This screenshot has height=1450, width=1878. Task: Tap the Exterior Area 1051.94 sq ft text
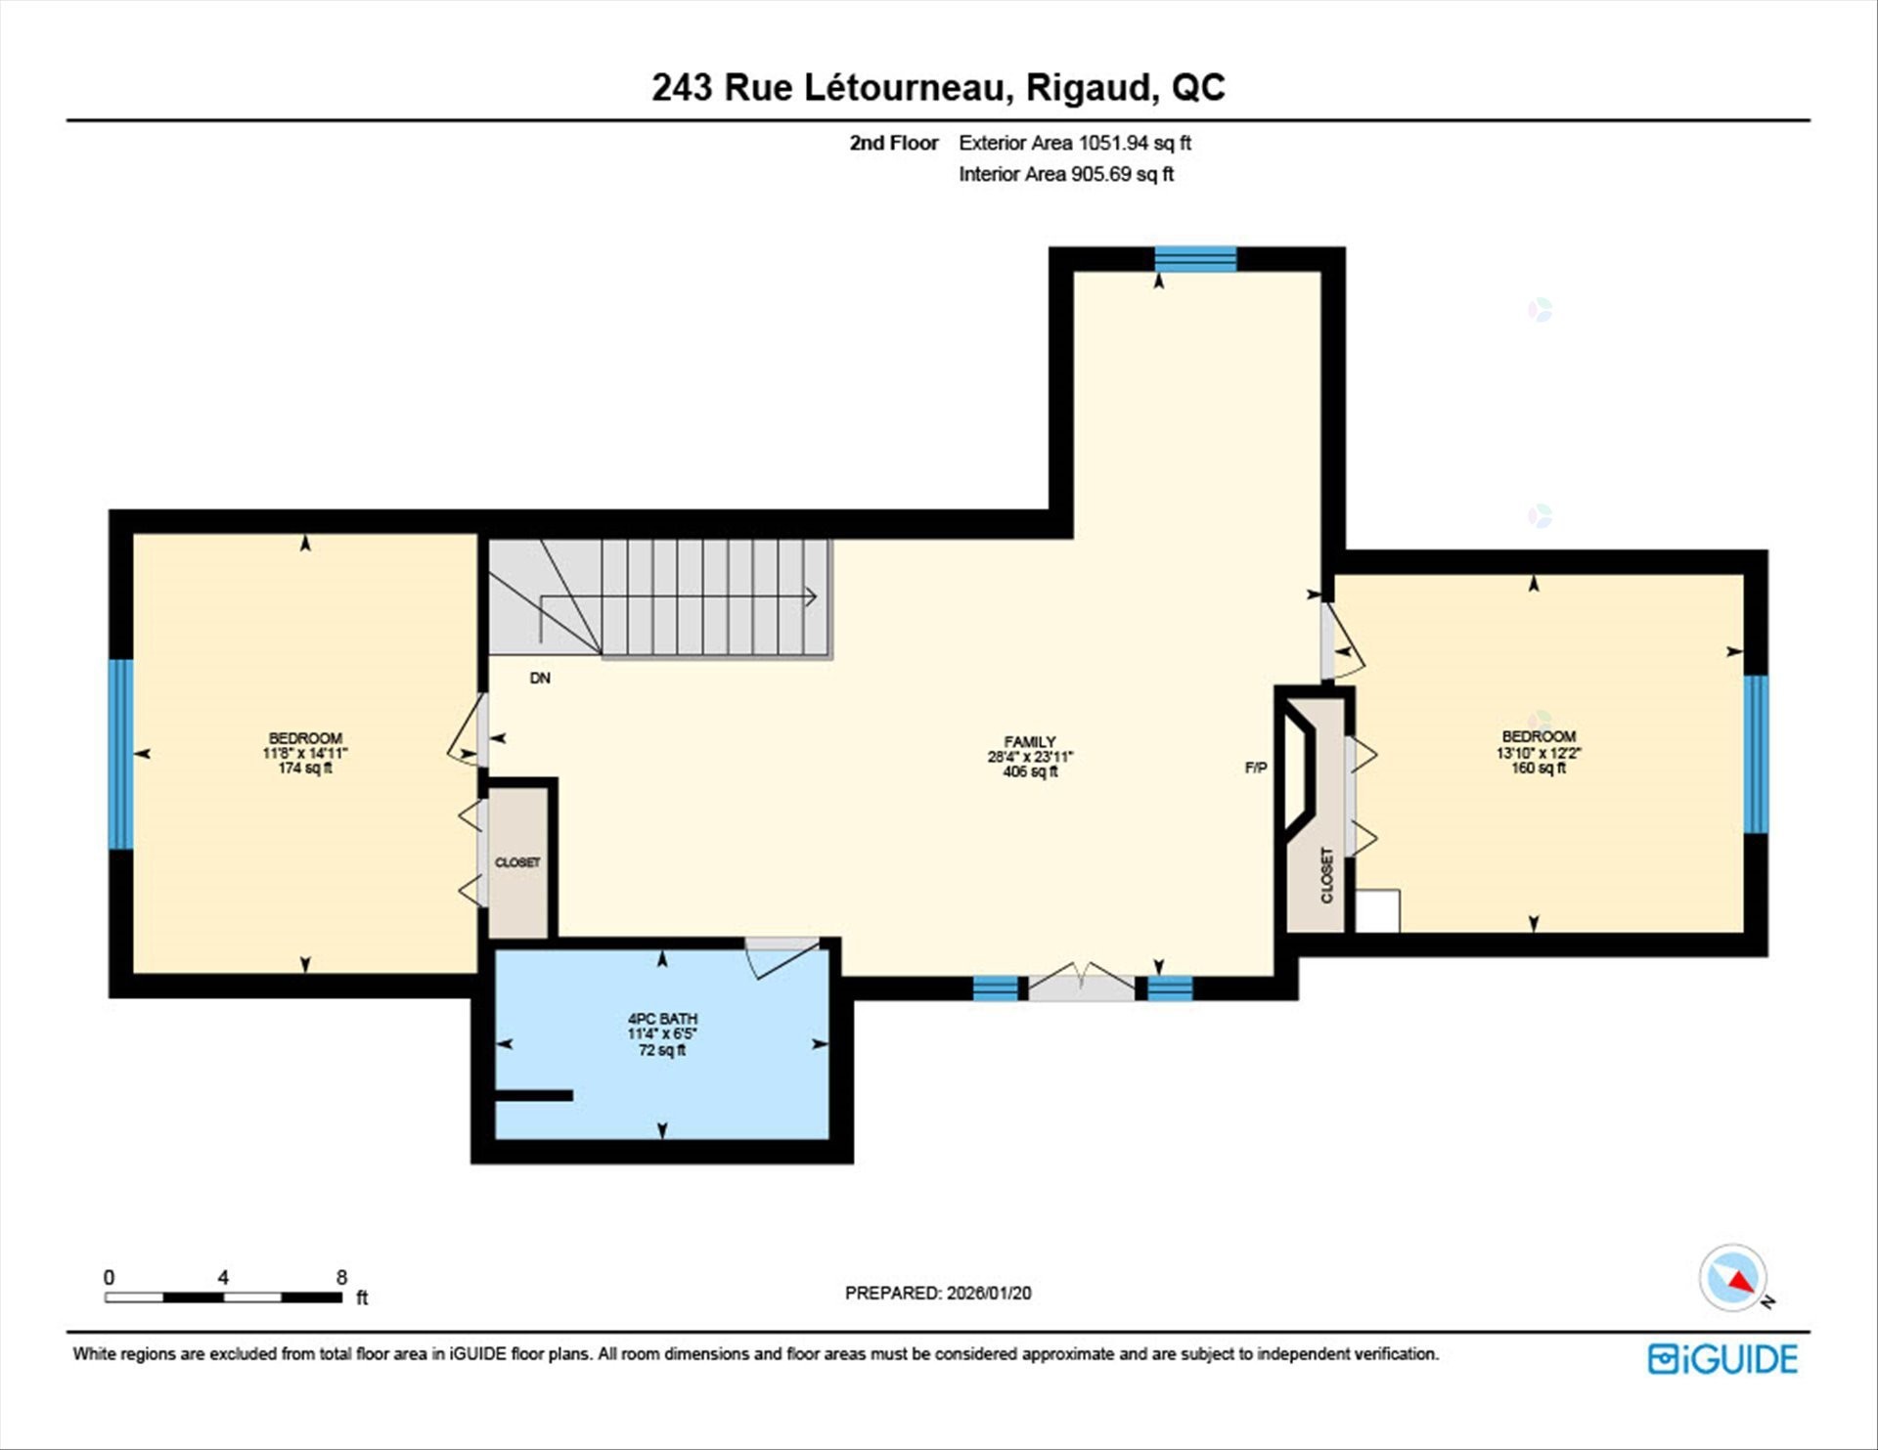point(1074,143)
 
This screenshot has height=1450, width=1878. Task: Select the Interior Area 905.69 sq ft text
point(1065,174)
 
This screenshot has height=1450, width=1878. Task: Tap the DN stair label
point(540,678)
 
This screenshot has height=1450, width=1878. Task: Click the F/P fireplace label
point(1255,768)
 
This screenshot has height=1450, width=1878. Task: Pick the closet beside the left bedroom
point(517,862)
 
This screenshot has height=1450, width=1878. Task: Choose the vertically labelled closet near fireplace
point(1326,875)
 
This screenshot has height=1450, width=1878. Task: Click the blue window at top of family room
point(1195,259)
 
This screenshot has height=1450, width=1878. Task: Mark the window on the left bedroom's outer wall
point(120,754)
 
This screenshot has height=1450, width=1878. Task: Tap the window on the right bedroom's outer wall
point(1756,754)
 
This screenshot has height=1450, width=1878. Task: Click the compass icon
point(1733,1278)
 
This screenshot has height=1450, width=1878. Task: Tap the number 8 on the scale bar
point(341,1277)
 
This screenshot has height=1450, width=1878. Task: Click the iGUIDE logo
point(1722,1359)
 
